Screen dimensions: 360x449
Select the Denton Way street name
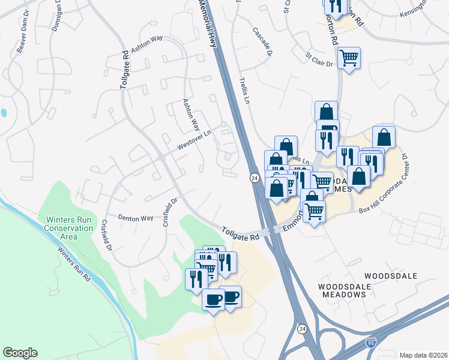[x=135, y=218]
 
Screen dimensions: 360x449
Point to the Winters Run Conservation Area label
[x=68, y=228]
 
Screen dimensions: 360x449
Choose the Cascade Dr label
[x=262, y=41]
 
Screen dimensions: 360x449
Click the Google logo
[x=20, y=353]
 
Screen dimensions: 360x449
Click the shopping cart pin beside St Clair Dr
[x=349, y=58]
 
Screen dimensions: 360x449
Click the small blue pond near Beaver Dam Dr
[x=4, y=112]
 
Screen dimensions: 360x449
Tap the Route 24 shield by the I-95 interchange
[x=303, y=329]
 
